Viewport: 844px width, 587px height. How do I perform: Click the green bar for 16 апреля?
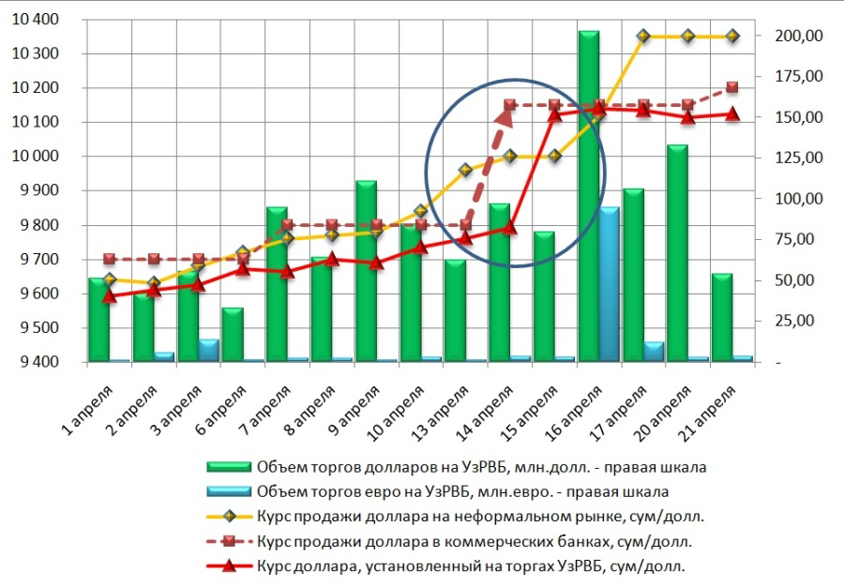(588, 197)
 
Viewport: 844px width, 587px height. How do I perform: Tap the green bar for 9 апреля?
(366, 272)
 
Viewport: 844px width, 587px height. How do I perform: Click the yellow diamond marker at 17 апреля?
(643, 36)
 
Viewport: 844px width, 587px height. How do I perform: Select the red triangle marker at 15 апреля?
(554, 114)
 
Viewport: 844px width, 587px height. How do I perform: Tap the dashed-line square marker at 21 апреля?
(732, 87)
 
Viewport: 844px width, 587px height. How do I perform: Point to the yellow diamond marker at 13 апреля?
(465, 170)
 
